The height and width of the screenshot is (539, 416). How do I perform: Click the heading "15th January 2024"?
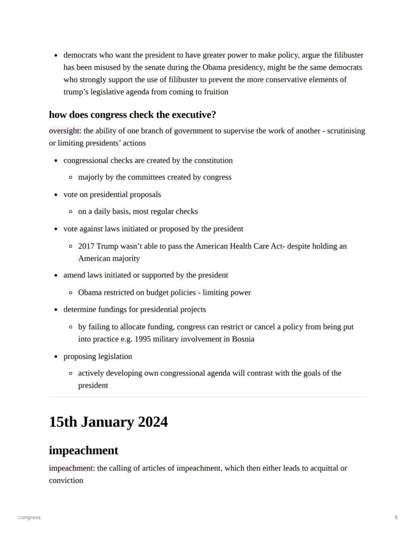tap(108, 422)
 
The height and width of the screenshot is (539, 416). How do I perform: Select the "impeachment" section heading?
tap(83, 450)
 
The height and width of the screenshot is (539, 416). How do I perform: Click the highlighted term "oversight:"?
tap(65, 131)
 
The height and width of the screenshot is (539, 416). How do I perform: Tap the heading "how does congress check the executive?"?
tap(132, 115)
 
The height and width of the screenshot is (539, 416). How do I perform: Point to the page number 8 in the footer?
tap(396, 517)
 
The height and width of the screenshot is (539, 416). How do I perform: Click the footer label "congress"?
tap(29, 517)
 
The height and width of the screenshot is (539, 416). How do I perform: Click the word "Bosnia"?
tap(243, 339)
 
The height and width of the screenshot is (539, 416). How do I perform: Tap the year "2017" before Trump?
tap(86, 246)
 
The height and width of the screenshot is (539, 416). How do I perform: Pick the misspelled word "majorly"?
tap(91, 177)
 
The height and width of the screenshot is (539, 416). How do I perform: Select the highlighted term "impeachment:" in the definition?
tap(71, 468)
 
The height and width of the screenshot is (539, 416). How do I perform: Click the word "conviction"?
tap(66, 480)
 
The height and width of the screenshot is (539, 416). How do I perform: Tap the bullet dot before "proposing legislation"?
tap(56, 357)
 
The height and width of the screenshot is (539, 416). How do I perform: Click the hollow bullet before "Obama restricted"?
tap(71, 293)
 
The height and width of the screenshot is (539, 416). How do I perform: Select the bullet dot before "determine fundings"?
tap(56, 310)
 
